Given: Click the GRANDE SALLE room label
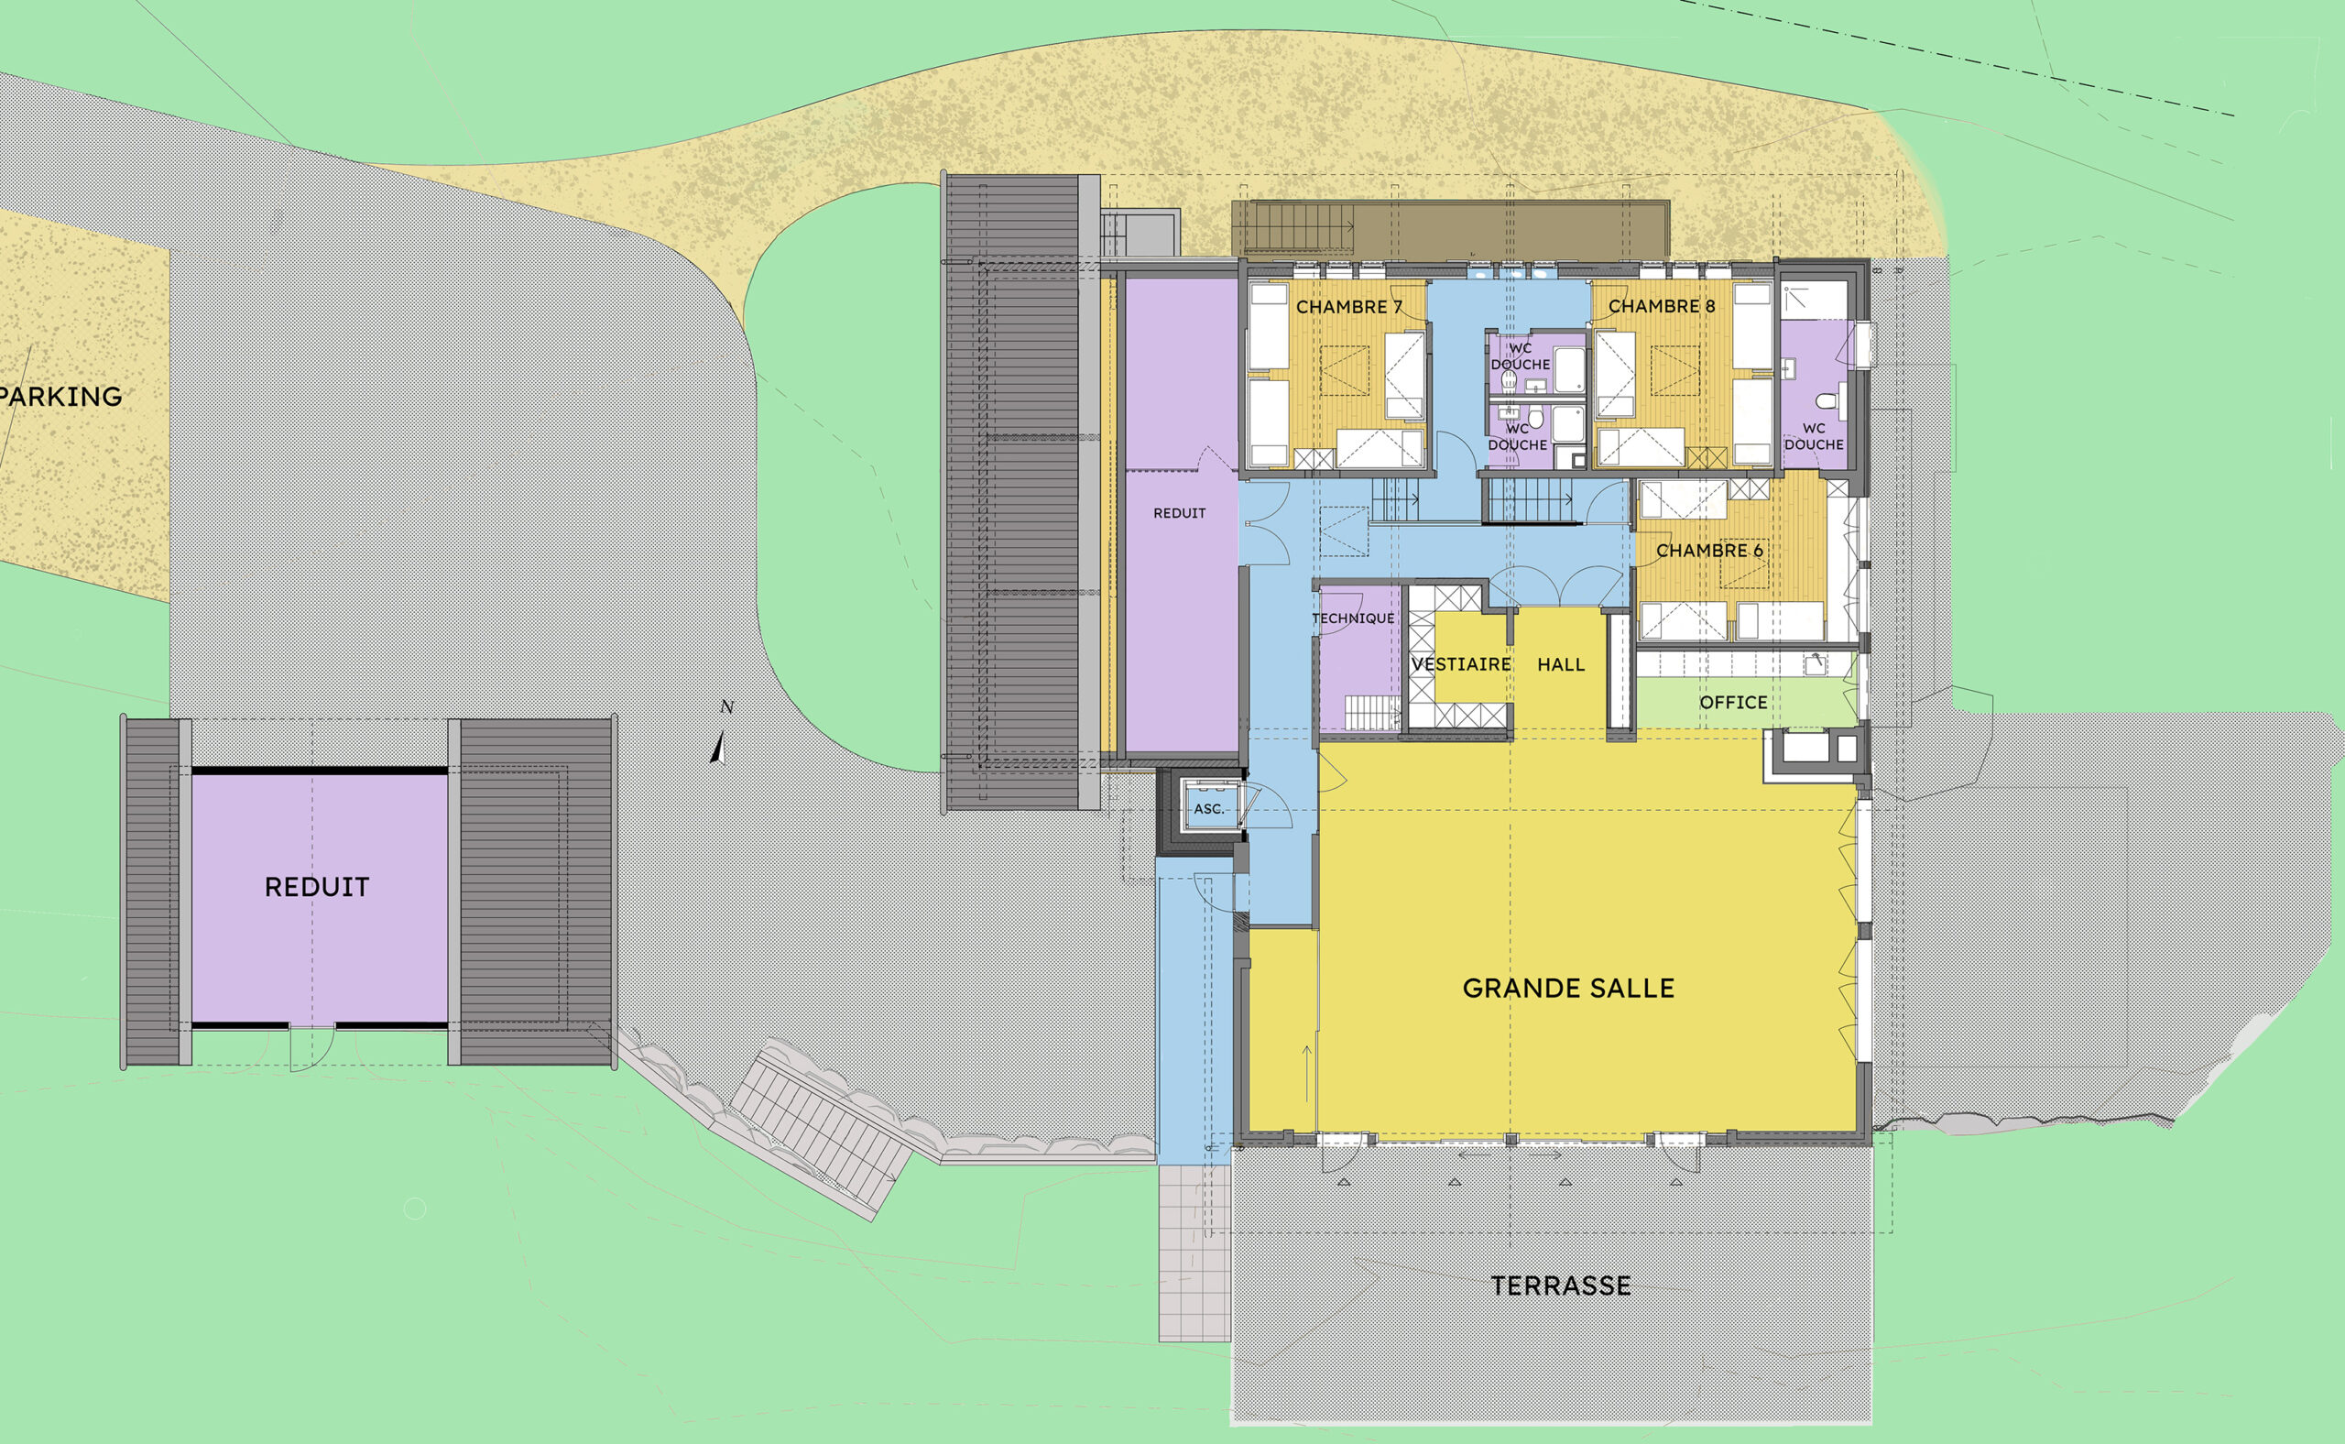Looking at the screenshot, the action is coord(1568,989).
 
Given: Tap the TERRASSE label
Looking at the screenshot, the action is coord(1560,1285).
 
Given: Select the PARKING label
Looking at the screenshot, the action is coord(60,397).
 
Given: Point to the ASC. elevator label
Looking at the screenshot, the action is coord(1208,809).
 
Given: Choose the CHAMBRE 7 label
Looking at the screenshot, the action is coord(1348,307).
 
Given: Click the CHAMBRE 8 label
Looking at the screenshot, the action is coord(1662,307).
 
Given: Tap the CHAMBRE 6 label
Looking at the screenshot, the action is coord(1709,551).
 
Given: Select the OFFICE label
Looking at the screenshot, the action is coord(1733,703).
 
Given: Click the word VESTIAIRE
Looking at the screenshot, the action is coord(1461,664).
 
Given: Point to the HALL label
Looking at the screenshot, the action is coord(1560,664).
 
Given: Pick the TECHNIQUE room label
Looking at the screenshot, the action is coord(1353,618).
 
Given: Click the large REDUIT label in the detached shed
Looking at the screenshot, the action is coord(317,887).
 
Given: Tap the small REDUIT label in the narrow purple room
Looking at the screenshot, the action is coord(1179,514).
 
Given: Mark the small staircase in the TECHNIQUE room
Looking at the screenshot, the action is coord(1372,713).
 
